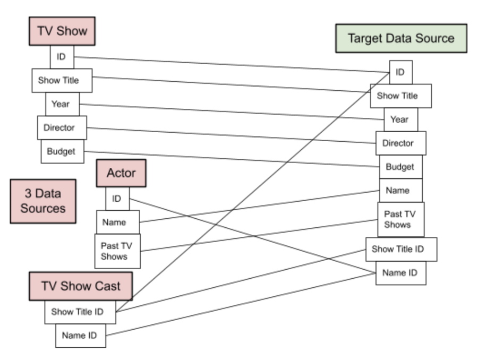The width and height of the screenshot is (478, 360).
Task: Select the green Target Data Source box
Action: click(x=401, y=38)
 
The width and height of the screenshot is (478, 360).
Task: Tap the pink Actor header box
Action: click(x=121, y=173)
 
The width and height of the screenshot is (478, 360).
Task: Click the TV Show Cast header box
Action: click(x=81, y=286)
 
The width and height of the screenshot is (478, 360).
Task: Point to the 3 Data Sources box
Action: click(x=42, y=201)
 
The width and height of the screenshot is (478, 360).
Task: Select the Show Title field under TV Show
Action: click(x=62, y=81)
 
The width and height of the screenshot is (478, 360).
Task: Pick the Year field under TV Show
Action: click(x=62, y=104)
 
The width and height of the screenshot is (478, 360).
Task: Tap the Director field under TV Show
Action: click(x=62, y=127)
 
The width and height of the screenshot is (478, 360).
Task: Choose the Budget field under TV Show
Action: click(x=62, y=151)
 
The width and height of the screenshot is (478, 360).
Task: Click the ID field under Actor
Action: click(x=117, y=199)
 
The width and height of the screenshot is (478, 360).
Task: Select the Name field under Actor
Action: click(x=117, y=222)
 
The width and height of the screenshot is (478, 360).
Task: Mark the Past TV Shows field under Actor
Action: click(x=117, y=251)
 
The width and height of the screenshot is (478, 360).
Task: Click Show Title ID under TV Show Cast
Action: click(x=80, y=312)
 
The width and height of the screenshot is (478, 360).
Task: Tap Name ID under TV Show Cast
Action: click(x=80, y=336)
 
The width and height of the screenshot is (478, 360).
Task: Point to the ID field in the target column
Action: click(x=400, y=72)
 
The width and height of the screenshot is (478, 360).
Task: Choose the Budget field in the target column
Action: click(x=400, y=167)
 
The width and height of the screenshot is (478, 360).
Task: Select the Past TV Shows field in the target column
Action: click(x=400, y=219)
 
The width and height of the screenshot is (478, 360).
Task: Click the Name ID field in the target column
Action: click(x=400, y=273)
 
